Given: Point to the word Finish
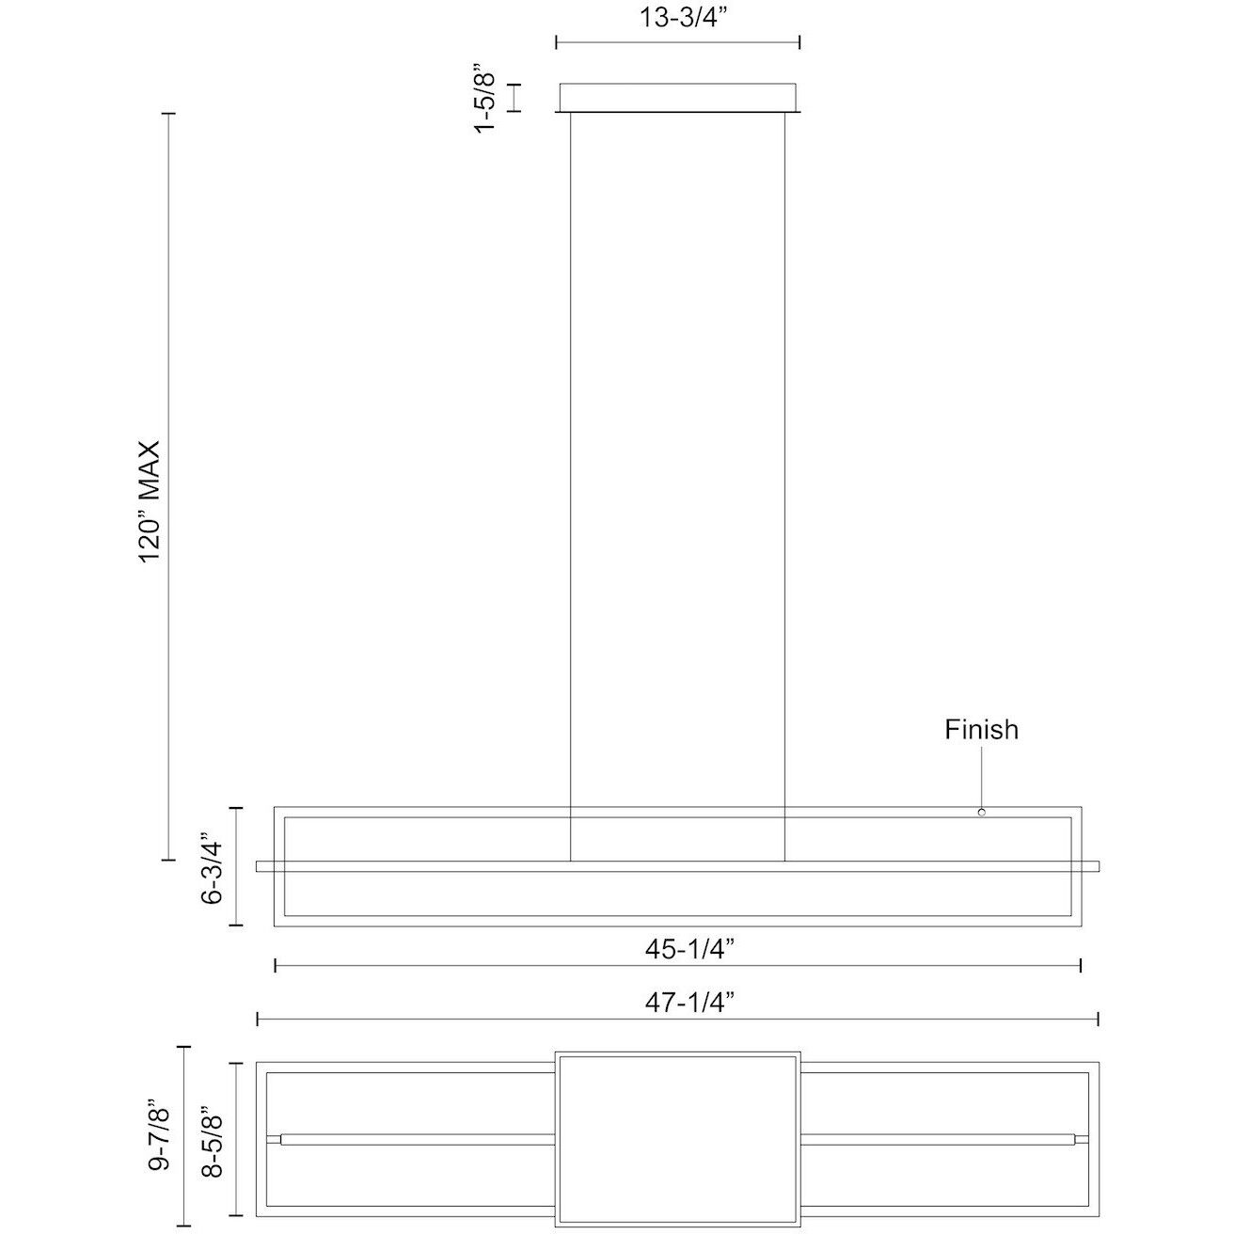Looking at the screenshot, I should tap(981, 730).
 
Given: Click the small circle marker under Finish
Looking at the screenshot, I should tap(981, 812).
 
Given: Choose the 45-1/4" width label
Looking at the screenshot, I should tap(677, 950).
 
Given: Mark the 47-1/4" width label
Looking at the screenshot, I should tap(677, 1004).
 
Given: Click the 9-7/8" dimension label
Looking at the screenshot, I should tap(161, 1136).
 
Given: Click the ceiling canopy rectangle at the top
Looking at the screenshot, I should tap(677, 98).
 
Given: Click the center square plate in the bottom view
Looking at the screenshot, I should tap(677, 1138).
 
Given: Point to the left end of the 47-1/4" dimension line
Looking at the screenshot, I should tap(258, 1019).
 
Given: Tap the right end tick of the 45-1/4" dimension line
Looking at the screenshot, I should tap(1081, 966).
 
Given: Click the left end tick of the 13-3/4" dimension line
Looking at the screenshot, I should tap(557, 41).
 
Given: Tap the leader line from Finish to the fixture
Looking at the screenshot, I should tap(981, 776).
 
